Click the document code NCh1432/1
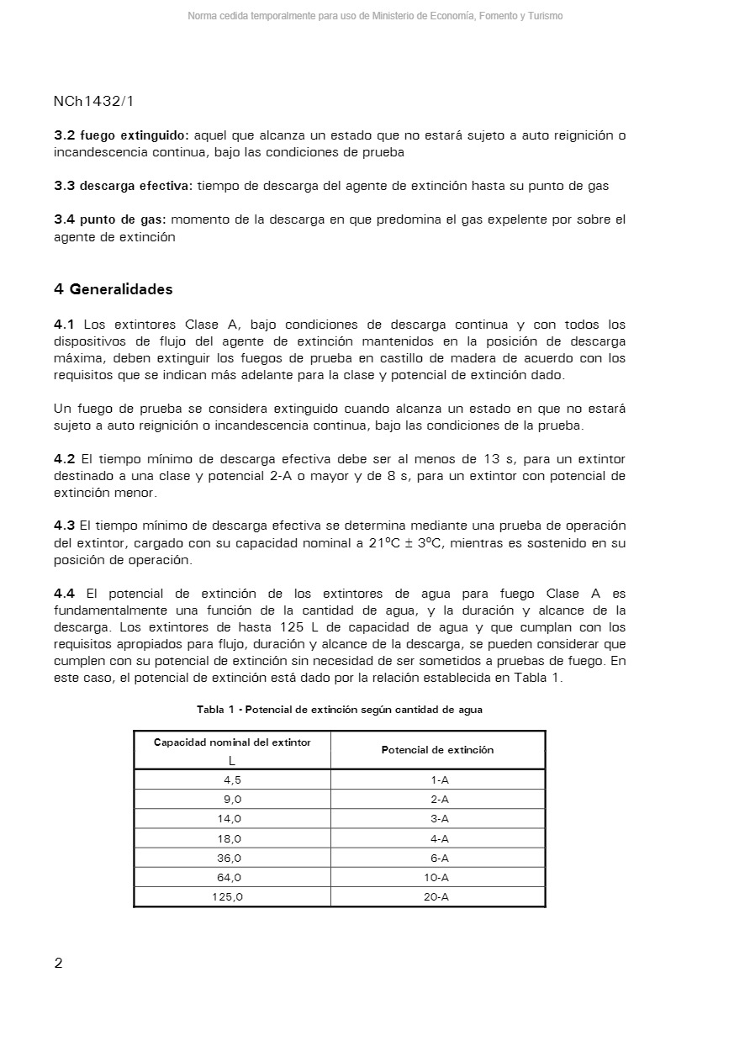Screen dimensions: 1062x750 [x=93, y=101]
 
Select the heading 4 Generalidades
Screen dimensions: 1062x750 [x=113, y=289]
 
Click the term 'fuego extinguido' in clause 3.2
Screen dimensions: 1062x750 [x=135, y=135]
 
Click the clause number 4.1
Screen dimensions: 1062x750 [x=64, y=325]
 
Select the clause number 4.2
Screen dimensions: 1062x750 [x=64, y=459]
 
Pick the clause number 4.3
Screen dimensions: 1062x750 [x=64, y=526]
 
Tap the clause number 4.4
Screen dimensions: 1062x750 [x=64, y=594]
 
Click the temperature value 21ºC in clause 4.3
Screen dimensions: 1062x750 [x=384, y=543]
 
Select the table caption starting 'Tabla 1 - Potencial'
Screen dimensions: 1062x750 [x=340, y=710]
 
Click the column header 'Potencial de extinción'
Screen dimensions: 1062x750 [x=437, y=750]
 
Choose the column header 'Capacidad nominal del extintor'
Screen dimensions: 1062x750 [x=232, y=742]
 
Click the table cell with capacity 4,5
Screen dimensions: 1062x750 [x=232, y=780]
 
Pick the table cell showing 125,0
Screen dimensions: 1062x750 [x=228, y=897]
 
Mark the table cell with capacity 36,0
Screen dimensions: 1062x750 [x=230, y=859]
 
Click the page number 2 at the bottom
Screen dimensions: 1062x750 [x=58, y=964]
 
